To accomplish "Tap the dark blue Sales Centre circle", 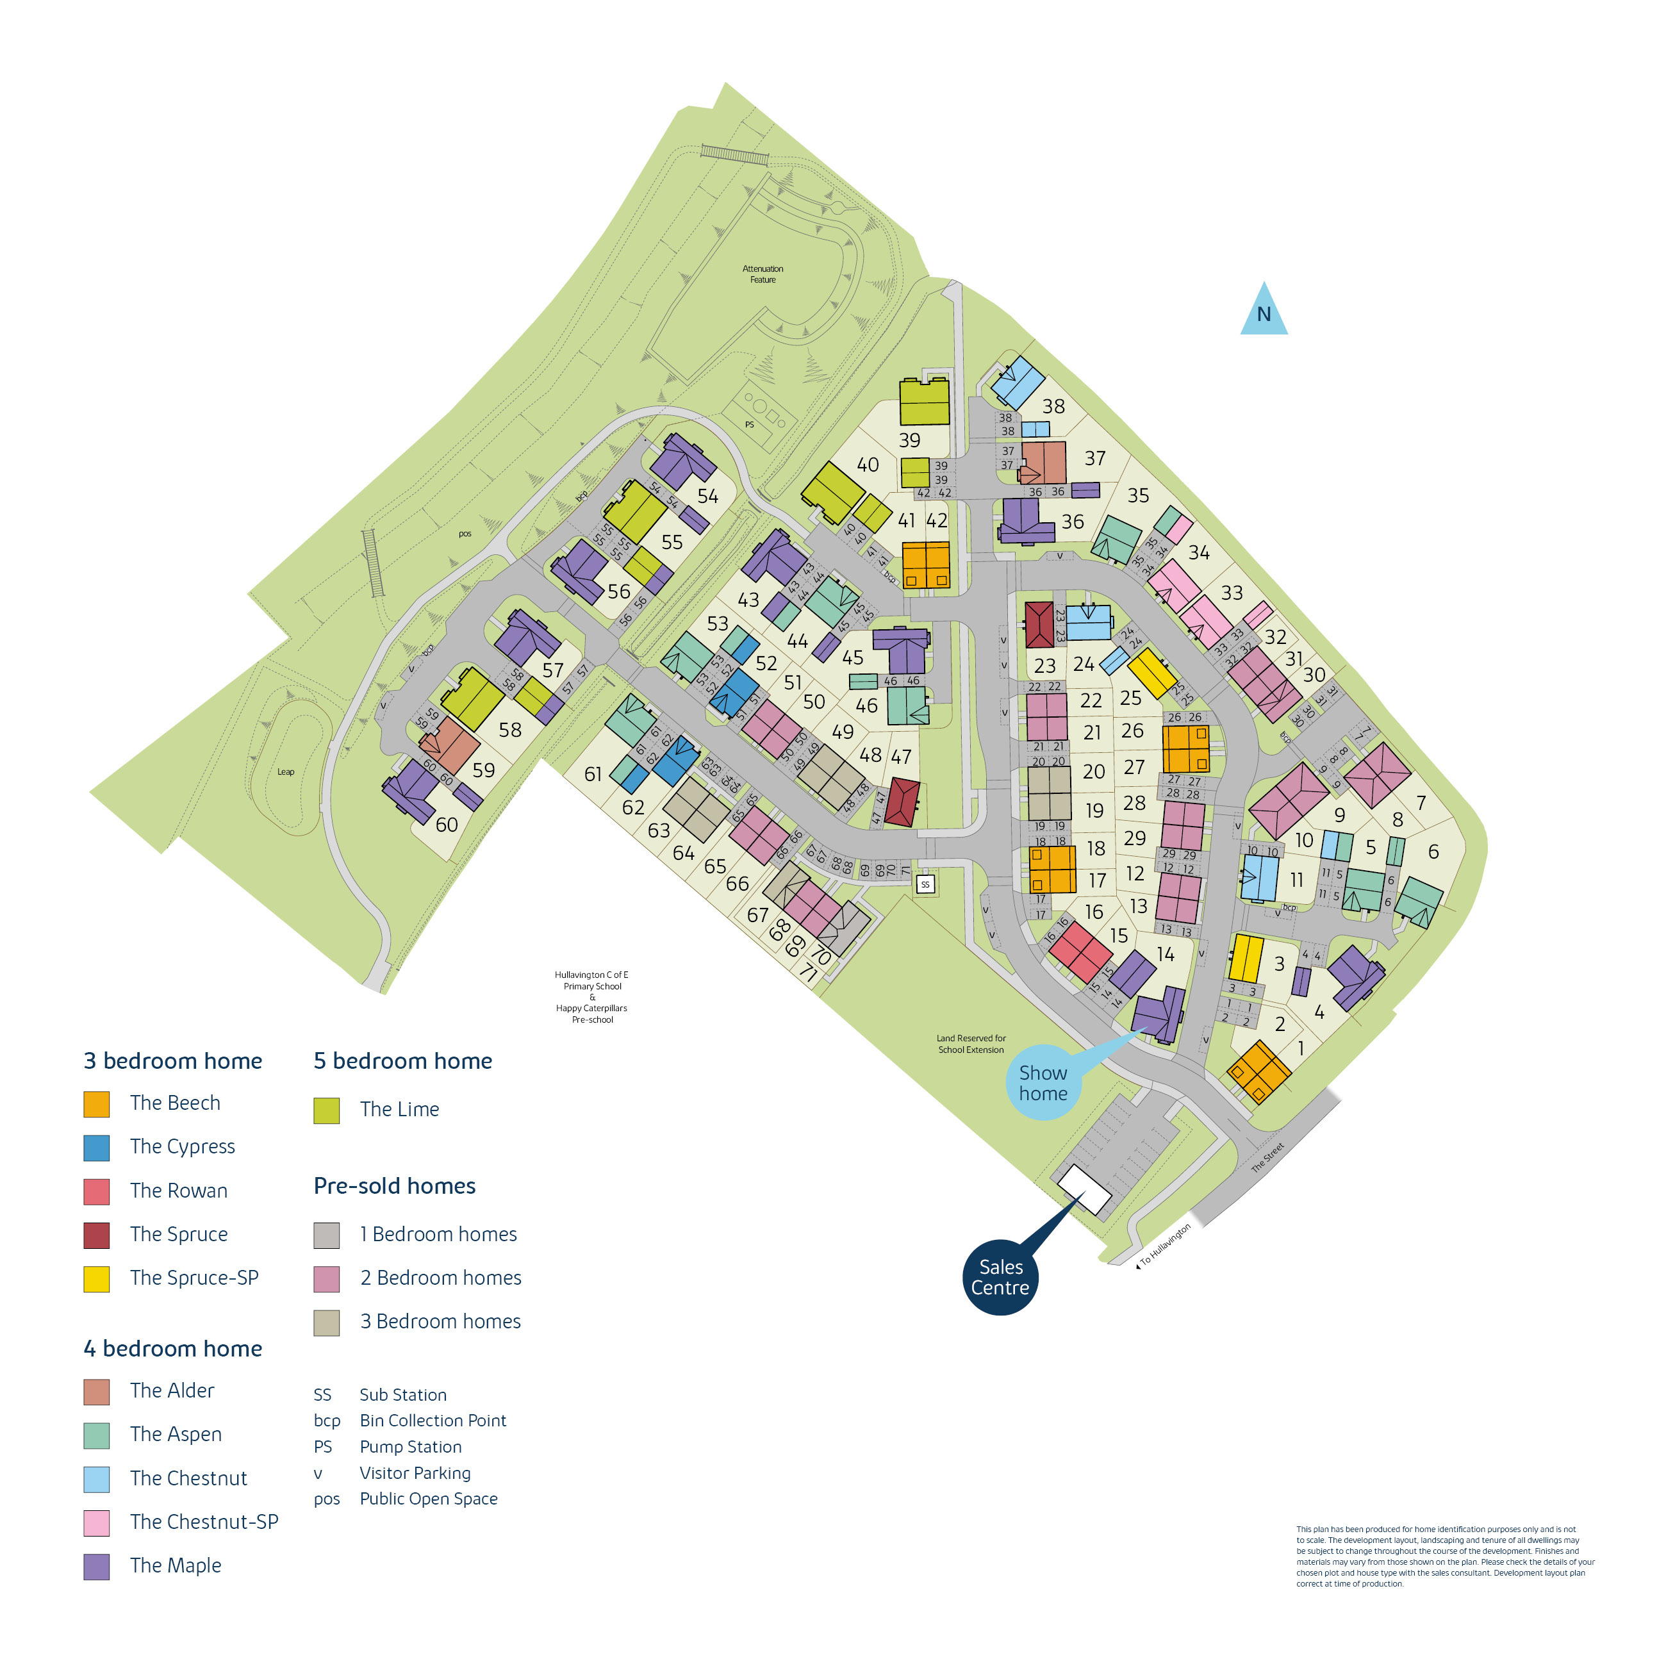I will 1000,1277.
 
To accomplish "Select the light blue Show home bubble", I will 1043,1083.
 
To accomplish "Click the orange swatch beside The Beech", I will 97,1104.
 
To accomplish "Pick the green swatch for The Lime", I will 326,1110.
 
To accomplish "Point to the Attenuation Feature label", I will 763,274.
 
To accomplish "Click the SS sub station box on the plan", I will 925,884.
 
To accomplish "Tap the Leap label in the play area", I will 285,771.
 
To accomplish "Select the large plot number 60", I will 447,825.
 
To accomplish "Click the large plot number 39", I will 910,440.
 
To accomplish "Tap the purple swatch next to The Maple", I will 97,1566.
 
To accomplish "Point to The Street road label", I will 1267,1157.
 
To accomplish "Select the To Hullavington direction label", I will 1165,1244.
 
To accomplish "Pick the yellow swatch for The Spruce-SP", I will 97,1279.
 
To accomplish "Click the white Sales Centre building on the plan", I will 1084,1190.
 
